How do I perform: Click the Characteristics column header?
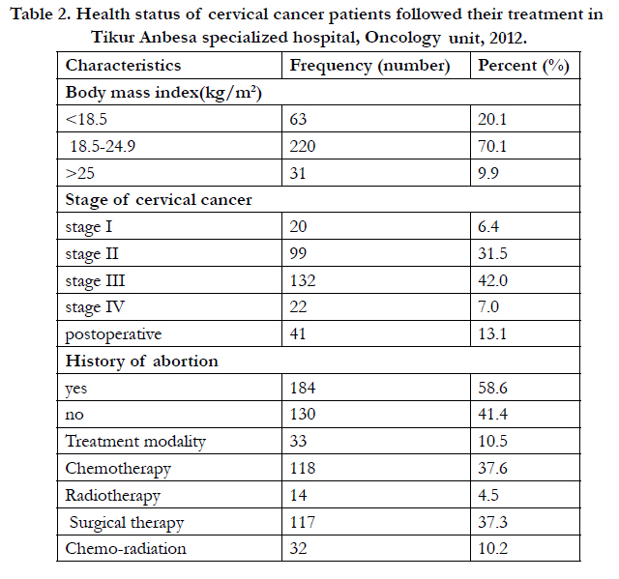pos(123,66)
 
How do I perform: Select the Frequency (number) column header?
pos(369,66)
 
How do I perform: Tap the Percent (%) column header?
pos(523,66)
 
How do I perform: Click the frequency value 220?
pos(303,146)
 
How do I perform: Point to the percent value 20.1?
pos(492,119)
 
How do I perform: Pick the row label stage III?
pos(95,281)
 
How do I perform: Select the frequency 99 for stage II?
pos(298,253)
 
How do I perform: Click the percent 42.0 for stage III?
pos(492,280)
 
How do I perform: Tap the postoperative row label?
pos(113,334)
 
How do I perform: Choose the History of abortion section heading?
pos(142,362)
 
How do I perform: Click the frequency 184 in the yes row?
pos(303,388)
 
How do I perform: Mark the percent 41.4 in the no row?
pos(492,414)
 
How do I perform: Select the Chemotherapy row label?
pos(118,469)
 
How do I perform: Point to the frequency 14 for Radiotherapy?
pos(298,495)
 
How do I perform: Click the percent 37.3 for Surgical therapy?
pos(492,522)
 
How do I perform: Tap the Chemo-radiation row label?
pos(126,549)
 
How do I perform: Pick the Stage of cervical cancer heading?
pos(159,200)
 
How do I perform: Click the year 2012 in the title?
pos(508,39)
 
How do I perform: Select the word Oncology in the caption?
pos(402,39)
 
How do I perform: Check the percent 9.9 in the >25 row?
pos(488,174)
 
